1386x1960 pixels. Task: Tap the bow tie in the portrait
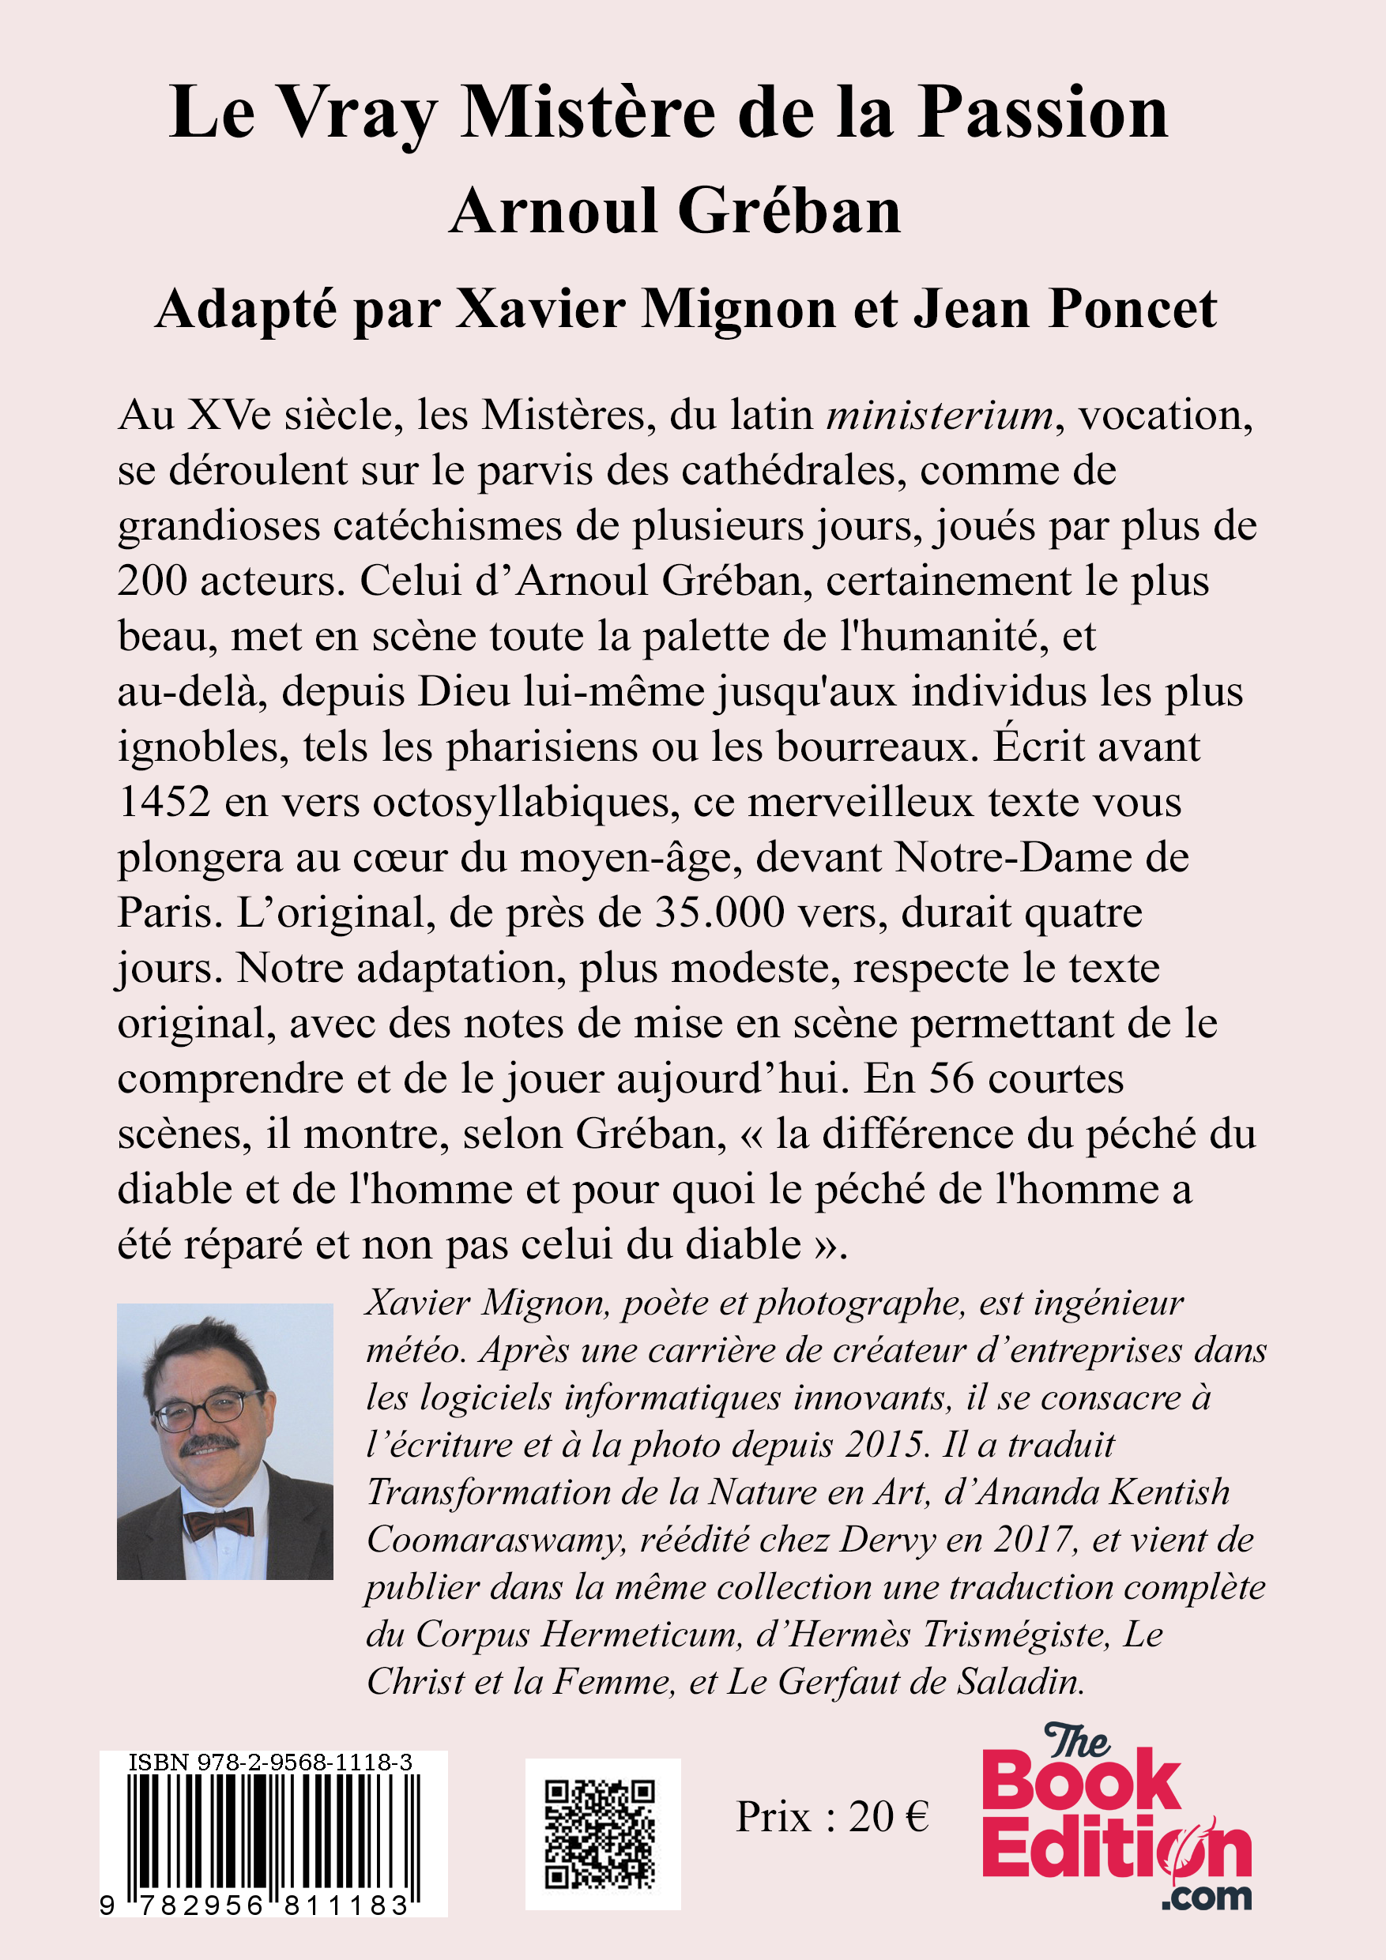[220, 1522]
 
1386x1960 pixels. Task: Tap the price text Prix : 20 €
[832, 1816]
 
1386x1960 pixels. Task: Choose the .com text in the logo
[1206, 1896]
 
